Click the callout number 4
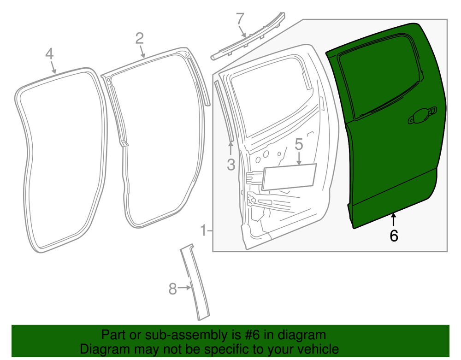tap(50, 54)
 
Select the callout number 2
tap(140, 38)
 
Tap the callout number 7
tap(240, 19)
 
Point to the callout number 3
tap(231, 165)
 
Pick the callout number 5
tap(299, 145)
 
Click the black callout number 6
tap(394, 236)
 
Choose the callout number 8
tap(173, 289)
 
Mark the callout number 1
tap(203, 230)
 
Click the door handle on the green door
tap(422, 116)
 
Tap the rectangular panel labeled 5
tap(289, 177)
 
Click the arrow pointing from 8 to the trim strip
tap(185, 288)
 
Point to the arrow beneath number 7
tap(242, 31)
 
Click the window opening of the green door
tap(380, 77)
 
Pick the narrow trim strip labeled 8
tap(195, 282)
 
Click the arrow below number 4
tap(53, 67)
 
